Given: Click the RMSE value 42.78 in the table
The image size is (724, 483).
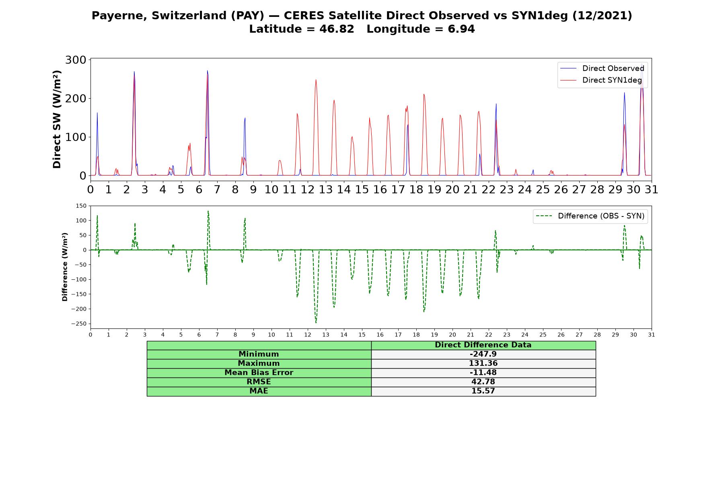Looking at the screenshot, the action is coord(483,382).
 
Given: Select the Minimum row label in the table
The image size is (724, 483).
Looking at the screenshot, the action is coord(259,354).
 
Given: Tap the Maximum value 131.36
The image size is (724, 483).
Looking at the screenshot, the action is coord(483,363).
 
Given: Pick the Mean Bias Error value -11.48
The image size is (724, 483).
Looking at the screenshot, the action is coord(483,373).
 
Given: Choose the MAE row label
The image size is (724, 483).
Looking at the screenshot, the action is coord(259,391).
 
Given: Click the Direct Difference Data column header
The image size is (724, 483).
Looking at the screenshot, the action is coord(483,345).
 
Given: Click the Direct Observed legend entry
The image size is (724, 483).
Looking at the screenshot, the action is coord(603,68).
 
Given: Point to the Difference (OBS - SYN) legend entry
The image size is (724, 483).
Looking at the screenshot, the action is coord(590,216).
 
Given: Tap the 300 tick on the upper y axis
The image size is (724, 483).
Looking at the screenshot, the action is coord(76,60).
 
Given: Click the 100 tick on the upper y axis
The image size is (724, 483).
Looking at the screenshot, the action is coord(76,137).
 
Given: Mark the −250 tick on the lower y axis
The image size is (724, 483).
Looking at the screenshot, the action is coord(79,324).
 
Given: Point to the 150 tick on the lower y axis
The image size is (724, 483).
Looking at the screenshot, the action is coord(81,206).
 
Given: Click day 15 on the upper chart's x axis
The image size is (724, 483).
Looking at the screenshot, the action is coord(362,189).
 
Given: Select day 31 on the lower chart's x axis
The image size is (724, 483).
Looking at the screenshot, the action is coord(652,334).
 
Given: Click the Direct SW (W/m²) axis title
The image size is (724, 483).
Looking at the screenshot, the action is coord(57,119).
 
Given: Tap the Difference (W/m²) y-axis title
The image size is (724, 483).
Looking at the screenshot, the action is coord(65,267).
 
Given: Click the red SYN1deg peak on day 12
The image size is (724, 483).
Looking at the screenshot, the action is coord(316,80).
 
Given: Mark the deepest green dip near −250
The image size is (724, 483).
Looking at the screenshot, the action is coord(316,322).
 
